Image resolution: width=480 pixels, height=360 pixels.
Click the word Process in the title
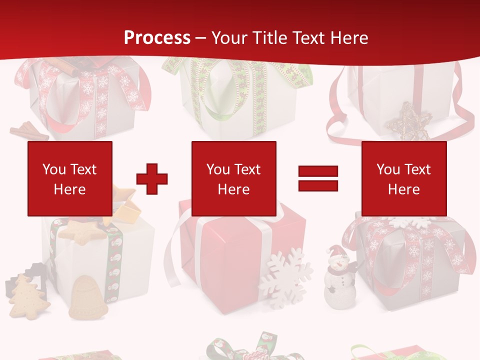(157, 38)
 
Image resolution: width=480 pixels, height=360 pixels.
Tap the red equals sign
(318, 178)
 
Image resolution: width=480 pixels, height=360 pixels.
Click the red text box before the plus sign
(70, 178)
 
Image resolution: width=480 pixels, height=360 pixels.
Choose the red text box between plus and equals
(233, 178)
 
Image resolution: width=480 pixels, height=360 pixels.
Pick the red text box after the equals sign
(403, 178)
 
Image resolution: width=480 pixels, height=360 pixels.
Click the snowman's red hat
(334, 251)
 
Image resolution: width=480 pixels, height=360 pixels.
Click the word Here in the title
(348, 38)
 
